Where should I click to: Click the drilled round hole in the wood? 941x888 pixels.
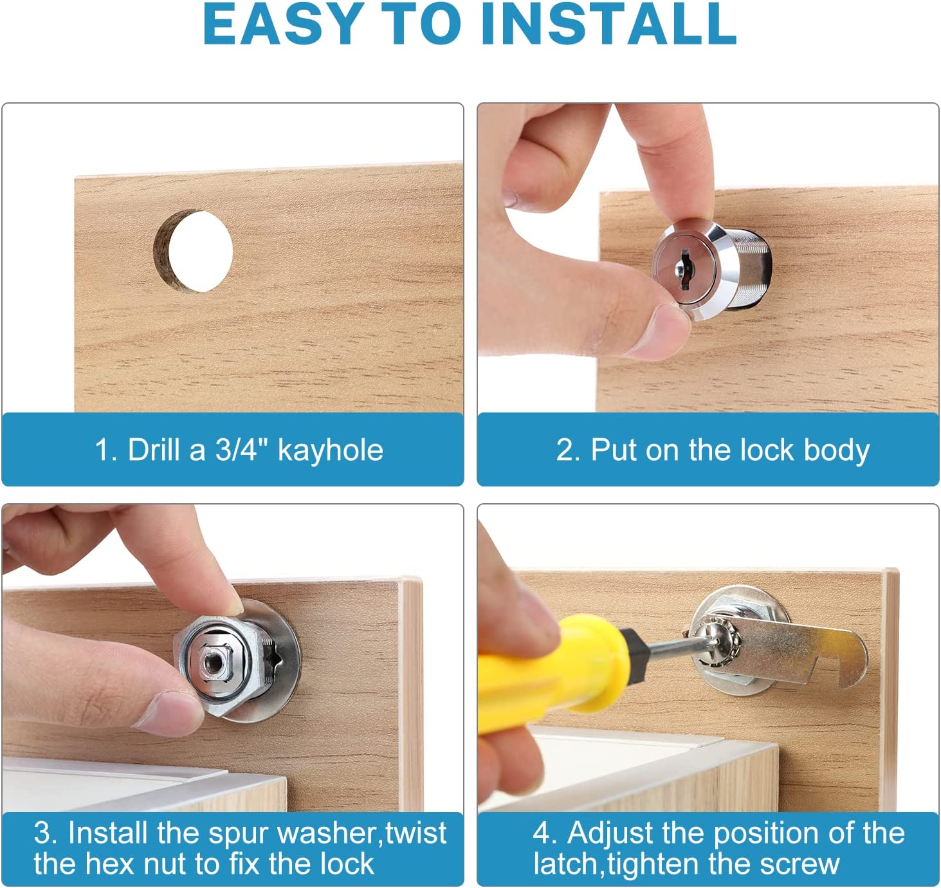[196, 252]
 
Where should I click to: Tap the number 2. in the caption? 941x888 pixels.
[568, 450]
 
